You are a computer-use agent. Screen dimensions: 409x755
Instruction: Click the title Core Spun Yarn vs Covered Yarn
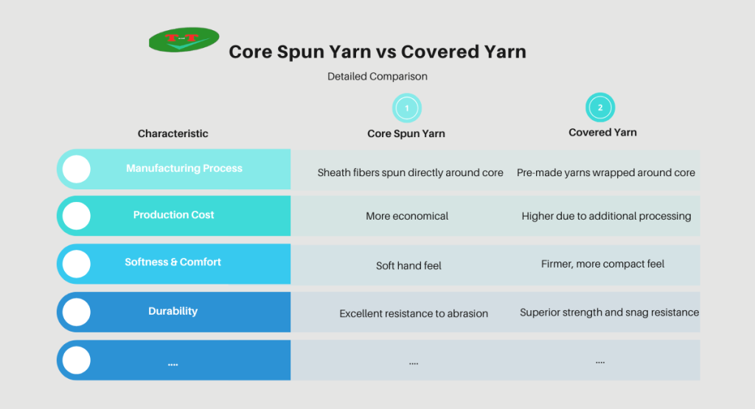377,52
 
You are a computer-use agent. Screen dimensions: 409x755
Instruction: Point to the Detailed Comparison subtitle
377,76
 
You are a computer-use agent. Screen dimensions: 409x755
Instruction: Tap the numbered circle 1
406,108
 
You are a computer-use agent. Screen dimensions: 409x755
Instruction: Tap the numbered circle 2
600,108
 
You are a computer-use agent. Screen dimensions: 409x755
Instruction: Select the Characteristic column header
173,133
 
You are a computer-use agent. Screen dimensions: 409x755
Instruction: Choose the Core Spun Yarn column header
406,133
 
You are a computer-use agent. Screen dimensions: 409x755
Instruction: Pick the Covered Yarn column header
602,133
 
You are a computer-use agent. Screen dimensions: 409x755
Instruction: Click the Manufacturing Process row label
184,168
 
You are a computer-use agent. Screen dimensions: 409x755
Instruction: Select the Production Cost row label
174,215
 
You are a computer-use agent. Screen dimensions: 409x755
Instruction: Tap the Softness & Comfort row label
173,262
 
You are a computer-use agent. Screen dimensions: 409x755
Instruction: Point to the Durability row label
173,311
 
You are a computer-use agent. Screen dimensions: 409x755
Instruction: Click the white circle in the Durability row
76,312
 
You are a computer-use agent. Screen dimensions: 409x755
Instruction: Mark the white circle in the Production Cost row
76,216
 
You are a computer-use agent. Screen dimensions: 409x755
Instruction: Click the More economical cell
407,217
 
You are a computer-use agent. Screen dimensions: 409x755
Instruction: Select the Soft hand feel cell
408,265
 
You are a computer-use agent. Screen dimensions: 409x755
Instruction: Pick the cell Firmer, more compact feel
603,264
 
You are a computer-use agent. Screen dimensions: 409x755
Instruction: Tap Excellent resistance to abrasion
414,313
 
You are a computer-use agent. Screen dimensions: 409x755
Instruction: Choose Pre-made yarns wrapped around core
606,172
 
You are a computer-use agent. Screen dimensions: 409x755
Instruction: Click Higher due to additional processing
606,217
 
